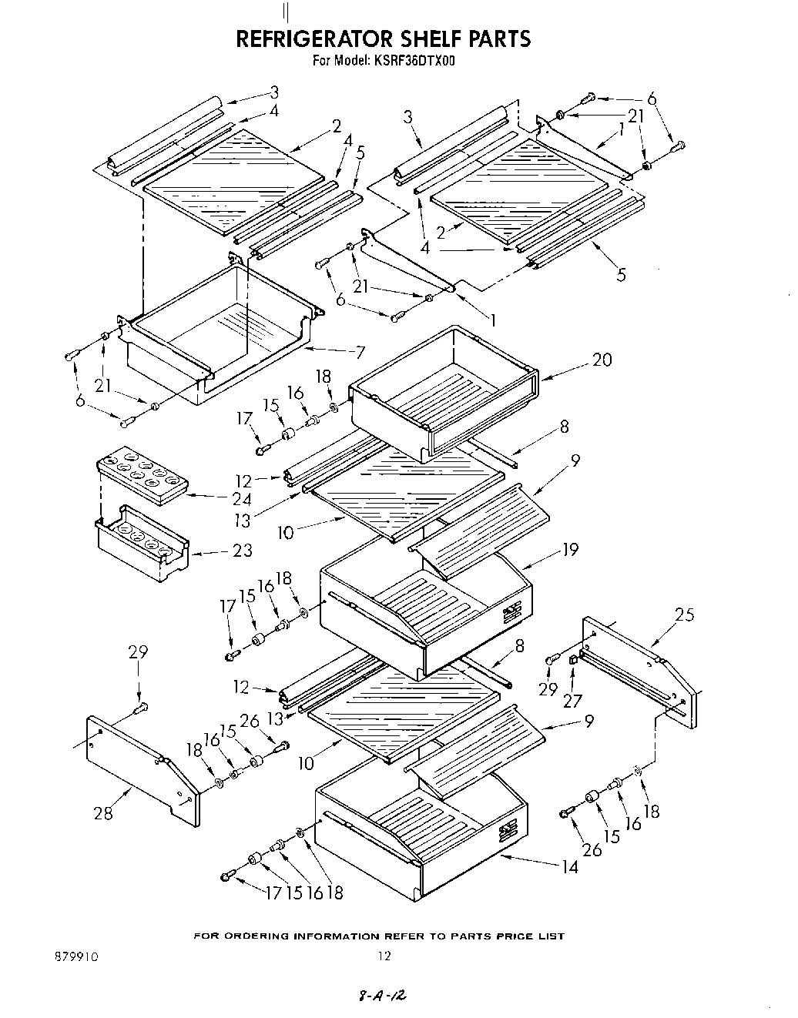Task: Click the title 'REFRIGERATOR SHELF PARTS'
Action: click(383, 39)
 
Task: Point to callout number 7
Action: click(359, 353)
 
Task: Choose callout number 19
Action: click(570, 550)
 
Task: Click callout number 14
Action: click(569, 867)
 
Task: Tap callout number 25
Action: click(684, 614)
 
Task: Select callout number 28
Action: click(102, 812)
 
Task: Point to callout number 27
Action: click(572, 701)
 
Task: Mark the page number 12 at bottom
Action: click(384, 956)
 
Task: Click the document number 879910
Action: click(77, 956)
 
